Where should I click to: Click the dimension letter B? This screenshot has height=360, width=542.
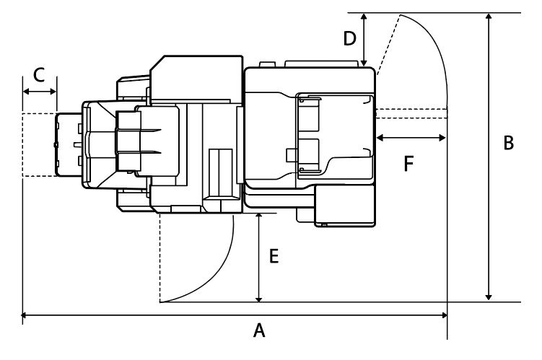click(508, 143)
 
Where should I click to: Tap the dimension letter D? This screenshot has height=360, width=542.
click(349, 38)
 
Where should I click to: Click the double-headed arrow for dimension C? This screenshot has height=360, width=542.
click(40, 92)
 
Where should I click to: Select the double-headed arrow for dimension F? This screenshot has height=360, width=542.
click(411, 136)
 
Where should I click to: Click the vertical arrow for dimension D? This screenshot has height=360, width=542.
click(365, 40)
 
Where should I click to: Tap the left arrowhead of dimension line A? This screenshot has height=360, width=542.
click(25, 315)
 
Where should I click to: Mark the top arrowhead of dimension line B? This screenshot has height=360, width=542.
click(489, 18)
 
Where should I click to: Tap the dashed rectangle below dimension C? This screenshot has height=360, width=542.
click(38, 145)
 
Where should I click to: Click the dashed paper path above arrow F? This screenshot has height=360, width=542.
click(411, 112)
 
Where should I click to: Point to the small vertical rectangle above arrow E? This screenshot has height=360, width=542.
click(220, 171)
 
